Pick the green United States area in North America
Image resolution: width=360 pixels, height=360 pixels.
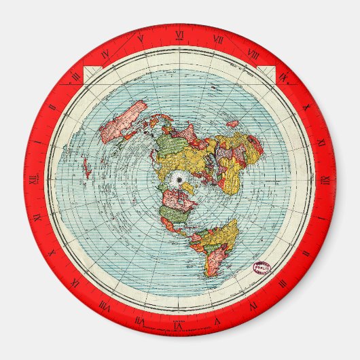(176, 216)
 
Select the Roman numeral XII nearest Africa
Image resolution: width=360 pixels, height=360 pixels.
(325, 179)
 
